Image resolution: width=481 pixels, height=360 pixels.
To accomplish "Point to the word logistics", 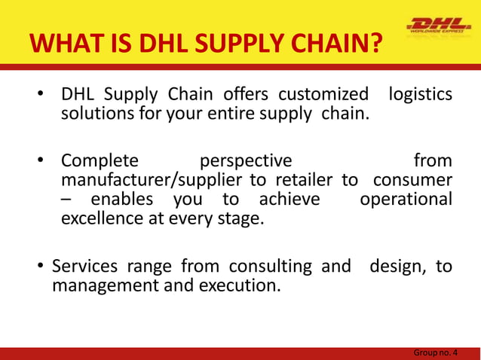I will [420, 96].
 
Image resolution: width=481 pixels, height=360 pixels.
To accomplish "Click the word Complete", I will [100, 160].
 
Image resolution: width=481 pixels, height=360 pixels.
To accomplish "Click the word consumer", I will [413, 180].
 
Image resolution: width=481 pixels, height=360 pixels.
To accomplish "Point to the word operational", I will [406, 200].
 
